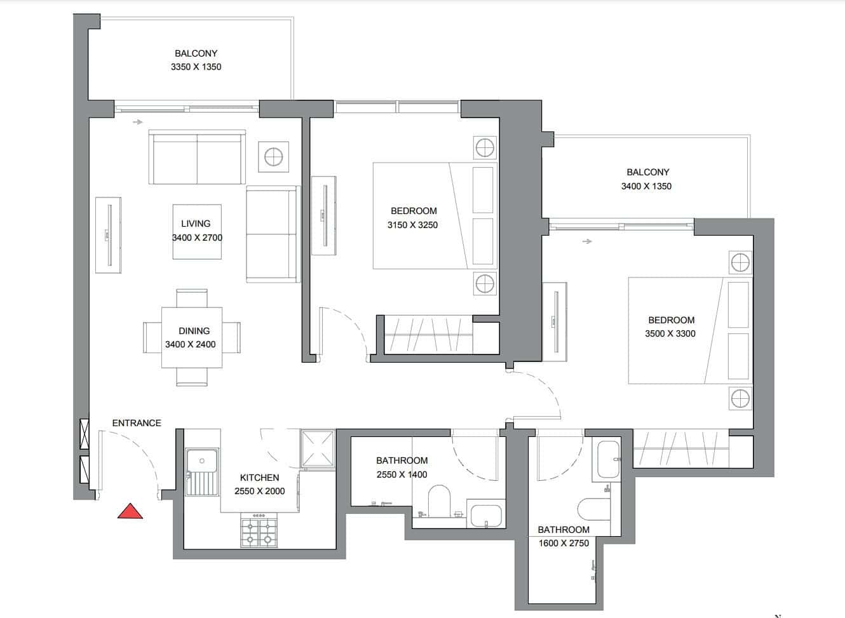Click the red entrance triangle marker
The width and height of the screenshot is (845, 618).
(x=130, y=511)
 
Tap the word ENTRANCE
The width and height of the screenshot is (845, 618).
(x=137, y=423)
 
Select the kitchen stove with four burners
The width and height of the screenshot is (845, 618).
(x=259, y=530)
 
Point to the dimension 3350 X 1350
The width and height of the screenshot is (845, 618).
(x=196, y=67)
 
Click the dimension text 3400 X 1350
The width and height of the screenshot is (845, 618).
(x=646, y=186)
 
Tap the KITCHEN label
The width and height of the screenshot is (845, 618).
(x=259, y=478)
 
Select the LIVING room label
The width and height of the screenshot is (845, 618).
(x=196, y=224)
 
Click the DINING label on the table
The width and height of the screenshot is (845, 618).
(x=194, y=331)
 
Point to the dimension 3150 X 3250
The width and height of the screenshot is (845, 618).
(x=412, y=225)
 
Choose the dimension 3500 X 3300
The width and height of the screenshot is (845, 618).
(x=670, y=333)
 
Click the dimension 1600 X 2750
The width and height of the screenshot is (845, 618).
(x=564, y=543)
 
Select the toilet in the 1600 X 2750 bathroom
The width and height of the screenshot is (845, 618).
(x=594, y=509)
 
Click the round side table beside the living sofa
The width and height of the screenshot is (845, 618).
(x=273, y=157)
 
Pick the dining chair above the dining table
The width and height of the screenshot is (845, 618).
(x=192, y=299)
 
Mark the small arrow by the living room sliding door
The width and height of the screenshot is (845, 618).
(x=138, y=122)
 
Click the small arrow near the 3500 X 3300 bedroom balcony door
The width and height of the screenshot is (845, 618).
(x=587, y=241)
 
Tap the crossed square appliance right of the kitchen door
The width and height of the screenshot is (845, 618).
(x=318, y=448)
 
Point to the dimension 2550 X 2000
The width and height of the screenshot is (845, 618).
(x=259, y=492)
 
